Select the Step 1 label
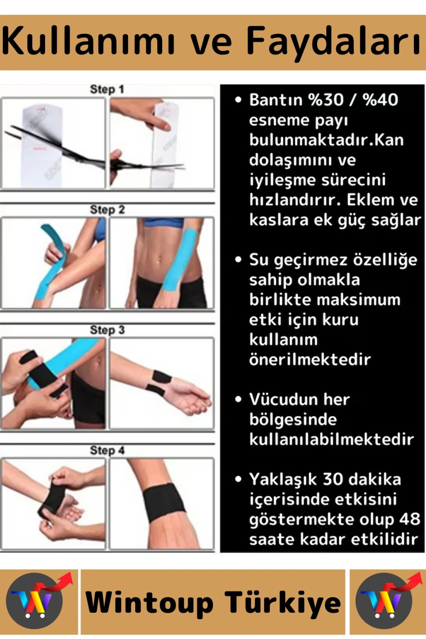107,89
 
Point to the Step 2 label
107,210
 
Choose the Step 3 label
107,330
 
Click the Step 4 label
107,451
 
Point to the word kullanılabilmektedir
332,439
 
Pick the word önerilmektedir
310,359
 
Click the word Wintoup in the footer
149,603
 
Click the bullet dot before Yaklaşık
238,479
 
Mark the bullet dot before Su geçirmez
238,260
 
